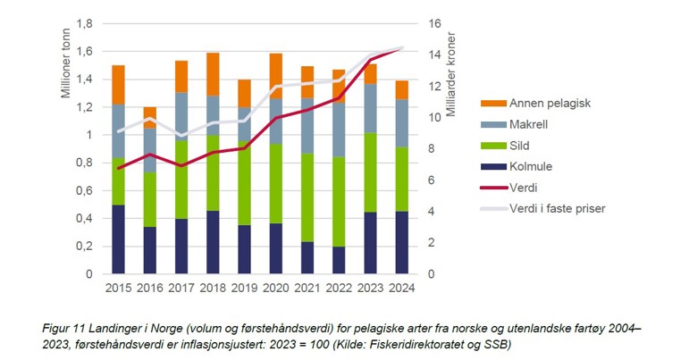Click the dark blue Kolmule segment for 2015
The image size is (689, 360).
(x=119, y=239)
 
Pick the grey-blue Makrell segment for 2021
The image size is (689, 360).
(x=307, y=125)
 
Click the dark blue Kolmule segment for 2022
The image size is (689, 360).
(x=339, y=260)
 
